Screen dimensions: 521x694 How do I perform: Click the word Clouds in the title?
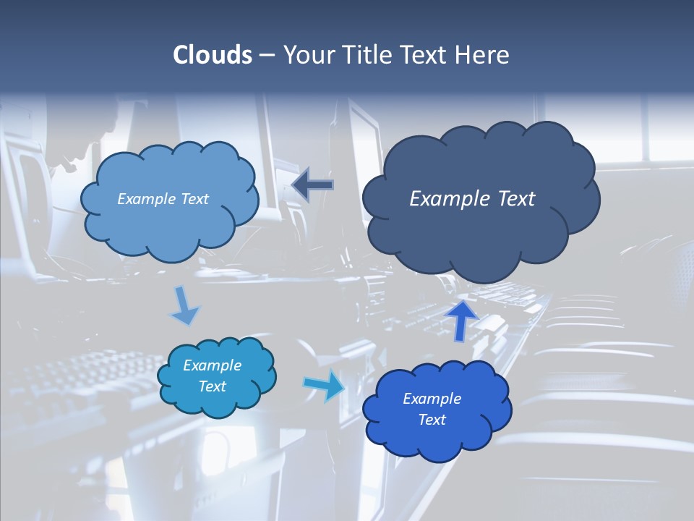point(213,55)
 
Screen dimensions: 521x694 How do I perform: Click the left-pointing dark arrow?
point(313,185)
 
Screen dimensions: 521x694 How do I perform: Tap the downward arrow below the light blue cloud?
point(185,307)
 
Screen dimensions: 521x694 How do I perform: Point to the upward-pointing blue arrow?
point(462,318)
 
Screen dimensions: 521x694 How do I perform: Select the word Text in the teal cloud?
point(213,386)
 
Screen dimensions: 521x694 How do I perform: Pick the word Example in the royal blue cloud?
point(432,399)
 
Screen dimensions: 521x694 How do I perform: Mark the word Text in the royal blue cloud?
point(432,420)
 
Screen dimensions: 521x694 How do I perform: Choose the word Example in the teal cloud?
point(213,365)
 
